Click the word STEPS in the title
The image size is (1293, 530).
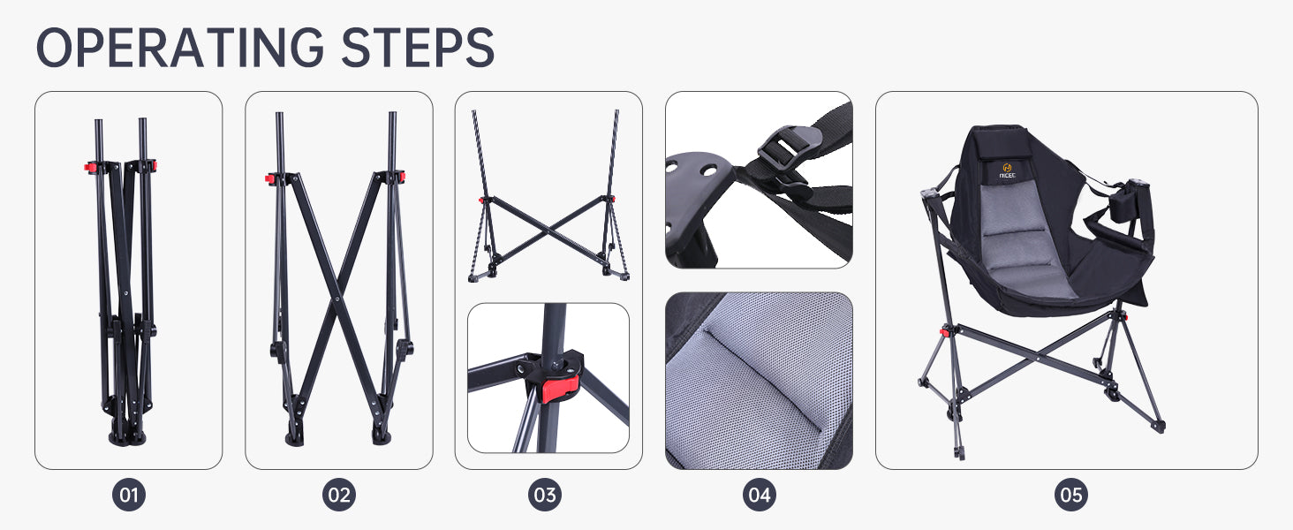pos(418,48)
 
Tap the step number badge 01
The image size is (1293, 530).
pos(129,495)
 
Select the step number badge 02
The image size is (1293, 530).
pos(339,495)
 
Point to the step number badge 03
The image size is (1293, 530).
pos(545,495)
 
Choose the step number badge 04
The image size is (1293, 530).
pos(759,495)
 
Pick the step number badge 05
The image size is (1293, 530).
pos(1071,495)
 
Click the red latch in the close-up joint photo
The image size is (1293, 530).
pos(559,388)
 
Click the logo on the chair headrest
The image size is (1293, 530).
pos(1007,170)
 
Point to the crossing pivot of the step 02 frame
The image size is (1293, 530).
pos(336,299)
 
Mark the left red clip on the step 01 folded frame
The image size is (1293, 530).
pos(89,168)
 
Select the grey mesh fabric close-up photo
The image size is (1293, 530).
pos(759,381)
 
